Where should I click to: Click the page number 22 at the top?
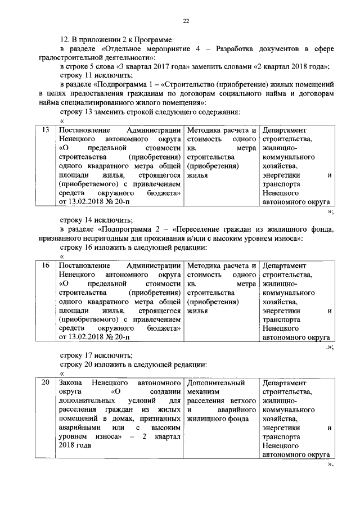pyautogui.click(x=186, y=21)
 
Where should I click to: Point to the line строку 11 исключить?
pyautogui.click(x=90, y=75)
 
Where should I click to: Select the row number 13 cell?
pyautogui.click(x=47, y=130)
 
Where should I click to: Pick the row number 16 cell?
pyautogui.click(x=47, y=265)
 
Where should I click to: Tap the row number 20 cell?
pyautogui.click(x=47, y=382)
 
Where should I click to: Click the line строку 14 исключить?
pyautogui.click(x=90, y=220)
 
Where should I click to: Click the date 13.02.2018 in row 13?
pyautogui.click(x=84, y=202)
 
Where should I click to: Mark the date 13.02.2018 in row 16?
pyautogui.click(x=84, y=337)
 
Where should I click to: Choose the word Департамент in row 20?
pyautogui.click(x=284, y=382)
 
